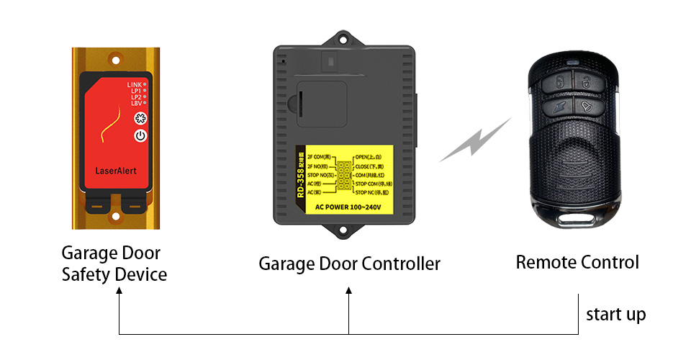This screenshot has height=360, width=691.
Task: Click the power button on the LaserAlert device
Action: pyautogui.click(x=140, y=135)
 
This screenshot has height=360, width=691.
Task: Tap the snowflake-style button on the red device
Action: pyautogui.click(x=140, y=120)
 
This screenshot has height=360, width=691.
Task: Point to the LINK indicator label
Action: pyautogui.click(x=134, y=85)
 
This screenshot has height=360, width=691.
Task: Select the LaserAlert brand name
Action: pyautogui.click(x=116, y=171)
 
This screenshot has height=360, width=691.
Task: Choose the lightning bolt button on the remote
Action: pyautogui.click(x=559, y=108)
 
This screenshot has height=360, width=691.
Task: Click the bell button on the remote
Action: pyautogui.click(x=584, y=107)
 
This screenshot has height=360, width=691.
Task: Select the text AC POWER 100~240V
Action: pyautogui.click(x=348, y=207)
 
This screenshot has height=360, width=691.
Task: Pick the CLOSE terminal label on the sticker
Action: pyautogui.click(x=371, y=166)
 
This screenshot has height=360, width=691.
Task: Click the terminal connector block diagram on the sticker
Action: pyautogui.click(x=342, y=175)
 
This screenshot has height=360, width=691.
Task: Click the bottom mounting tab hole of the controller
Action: pyautogui.click(x=343, y=231)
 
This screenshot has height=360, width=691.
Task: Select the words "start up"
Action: pyautogui.click(x=615, y=315)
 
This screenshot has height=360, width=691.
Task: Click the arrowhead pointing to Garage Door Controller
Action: pyautogui.click(x=349, y=290)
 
